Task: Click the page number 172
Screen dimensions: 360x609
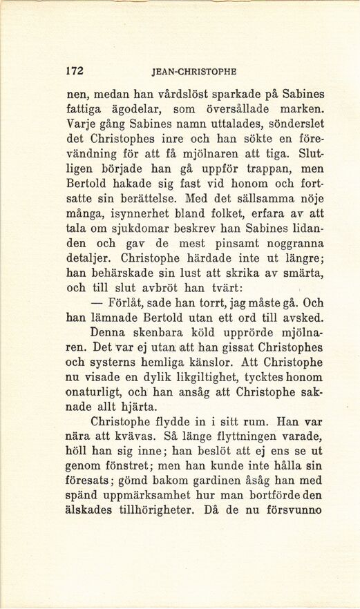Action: (x=75, y=70)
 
